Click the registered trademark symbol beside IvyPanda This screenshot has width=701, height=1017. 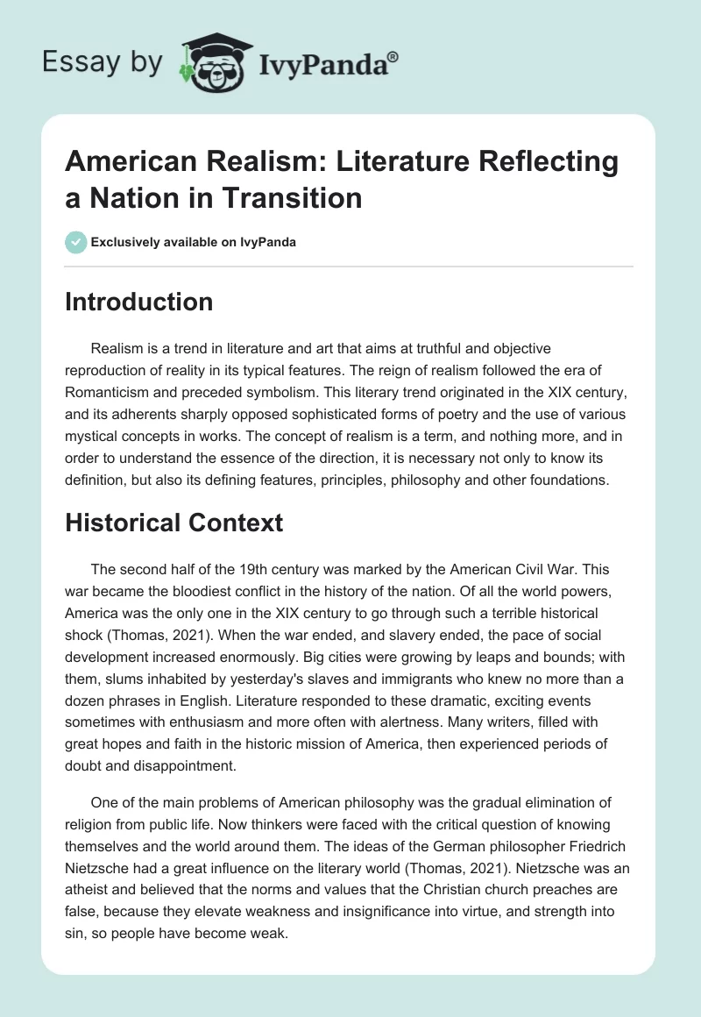pyautogui.click(x=393, y=57)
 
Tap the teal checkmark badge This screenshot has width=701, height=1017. pyautogui.click(x=75, y=242)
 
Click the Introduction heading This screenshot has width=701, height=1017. pyautogui.click(x=139, y=302)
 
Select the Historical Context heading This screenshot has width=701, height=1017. pyautogui.click(x=174, y=523)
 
